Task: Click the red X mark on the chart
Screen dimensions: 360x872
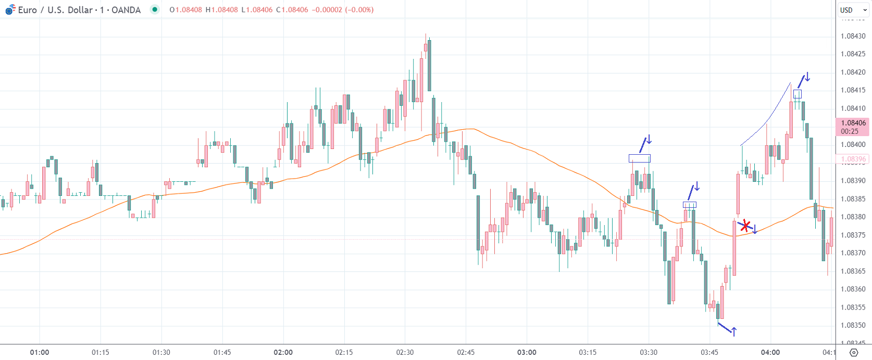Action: coord(745,226)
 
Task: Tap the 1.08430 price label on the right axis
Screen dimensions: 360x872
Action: coord(853,36)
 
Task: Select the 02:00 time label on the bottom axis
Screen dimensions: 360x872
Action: coord(283,352)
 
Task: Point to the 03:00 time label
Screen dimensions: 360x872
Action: coord(527,352)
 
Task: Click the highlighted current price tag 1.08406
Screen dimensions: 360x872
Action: coord(853,123)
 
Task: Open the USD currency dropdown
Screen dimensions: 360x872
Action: coord(853,10)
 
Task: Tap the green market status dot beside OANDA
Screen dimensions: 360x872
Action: coord(155,9)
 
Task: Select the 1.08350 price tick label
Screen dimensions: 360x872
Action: coord(853,325)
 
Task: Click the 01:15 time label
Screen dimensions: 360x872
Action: coord(101,352)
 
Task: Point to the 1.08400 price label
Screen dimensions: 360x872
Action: coord(853,144)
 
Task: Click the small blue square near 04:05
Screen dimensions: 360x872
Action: coord(797,94)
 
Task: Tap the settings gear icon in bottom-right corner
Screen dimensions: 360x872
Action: coord(853,353)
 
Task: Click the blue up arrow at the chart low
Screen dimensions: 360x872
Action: coord(734,330)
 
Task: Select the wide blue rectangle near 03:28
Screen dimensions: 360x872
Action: coord(639,158)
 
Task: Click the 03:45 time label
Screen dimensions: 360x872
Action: coord(709,352)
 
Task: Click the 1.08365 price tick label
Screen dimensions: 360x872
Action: coord(853,271)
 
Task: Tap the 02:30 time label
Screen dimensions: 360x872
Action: coord(405,352)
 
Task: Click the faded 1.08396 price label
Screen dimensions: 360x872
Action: coord(853,159)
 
